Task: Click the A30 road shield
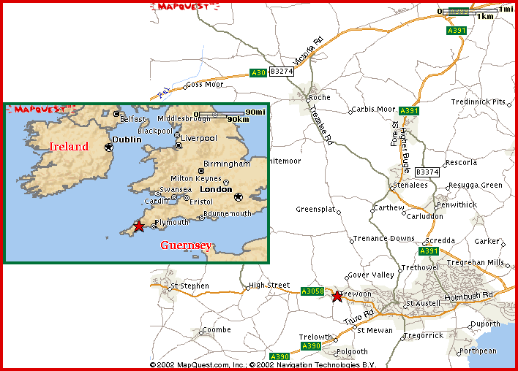[x=258, y=73]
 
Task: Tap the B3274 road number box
[x=282, y=72]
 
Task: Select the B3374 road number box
[x=427, y=172]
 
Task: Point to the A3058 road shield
[x=312, y=291]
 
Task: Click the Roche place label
[x=320, y=97]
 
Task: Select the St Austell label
[x=424, y=303]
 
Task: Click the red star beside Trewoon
[x=337, y=297]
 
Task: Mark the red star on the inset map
[x=139, y=226]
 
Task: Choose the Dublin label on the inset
[x=125, y=138]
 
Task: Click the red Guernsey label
[x=186, y=245]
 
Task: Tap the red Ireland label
[x=69, y=146]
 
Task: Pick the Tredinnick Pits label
[x=478, y=102]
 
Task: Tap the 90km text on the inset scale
[x=238, y=119]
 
